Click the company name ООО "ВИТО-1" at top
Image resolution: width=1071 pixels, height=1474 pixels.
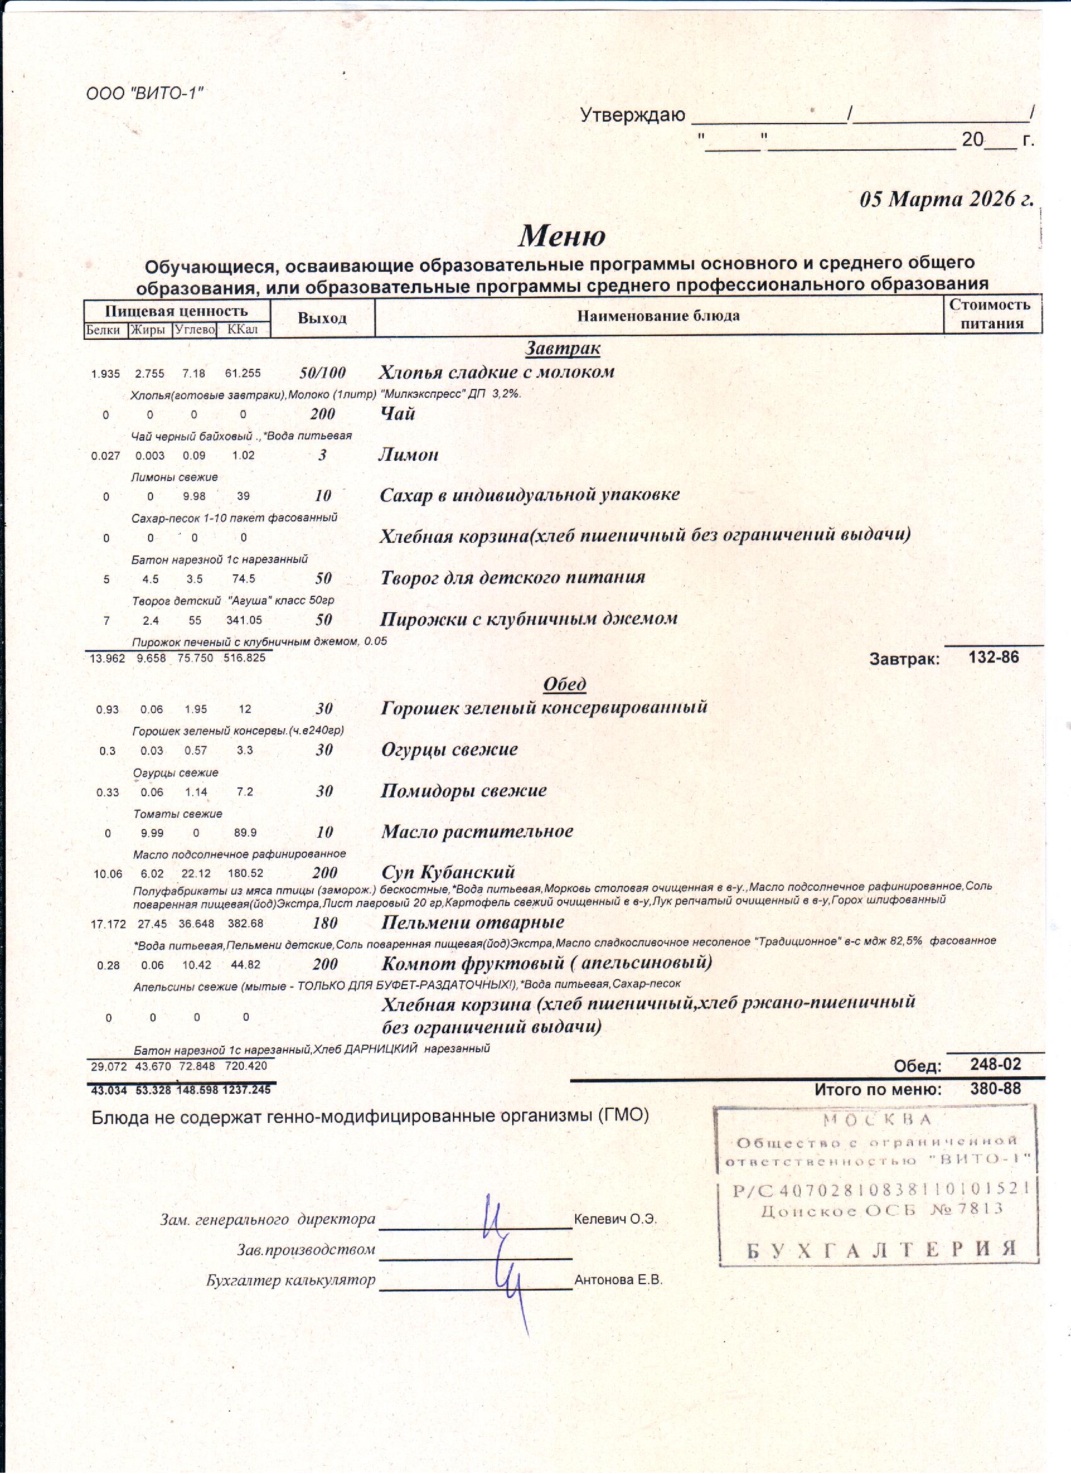coord(144,93)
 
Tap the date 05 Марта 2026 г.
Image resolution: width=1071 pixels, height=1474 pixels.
coord(946,198)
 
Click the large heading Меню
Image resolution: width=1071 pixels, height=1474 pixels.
coord(562,235)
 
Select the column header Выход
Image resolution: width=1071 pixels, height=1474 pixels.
coord(322,318)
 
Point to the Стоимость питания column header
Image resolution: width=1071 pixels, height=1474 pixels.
coord(991,314)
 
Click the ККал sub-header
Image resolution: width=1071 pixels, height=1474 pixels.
coord(243,330)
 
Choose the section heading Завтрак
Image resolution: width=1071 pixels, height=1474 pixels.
coord(563,349)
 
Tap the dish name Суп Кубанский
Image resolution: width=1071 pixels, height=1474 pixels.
coord(448,872)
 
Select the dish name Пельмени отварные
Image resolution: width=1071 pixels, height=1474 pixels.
coord(472,922)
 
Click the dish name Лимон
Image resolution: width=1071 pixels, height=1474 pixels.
coord(408,455)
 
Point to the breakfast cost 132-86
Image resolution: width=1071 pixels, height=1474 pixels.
coord(994,657)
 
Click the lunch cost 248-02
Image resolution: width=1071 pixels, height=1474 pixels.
coord(995,1064)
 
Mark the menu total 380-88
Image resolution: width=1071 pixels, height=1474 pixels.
coord(995,1089)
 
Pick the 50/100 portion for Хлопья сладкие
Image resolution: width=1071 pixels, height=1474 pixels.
coord(322,373)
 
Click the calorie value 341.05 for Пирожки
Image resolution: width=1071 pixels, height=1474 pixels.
coord(244,620)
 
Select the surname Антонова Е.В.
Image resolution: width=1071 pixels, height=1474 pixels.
coord(617,1280)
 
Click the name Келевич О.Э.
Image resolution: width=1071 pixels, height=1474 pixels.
coord(615,1219)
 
